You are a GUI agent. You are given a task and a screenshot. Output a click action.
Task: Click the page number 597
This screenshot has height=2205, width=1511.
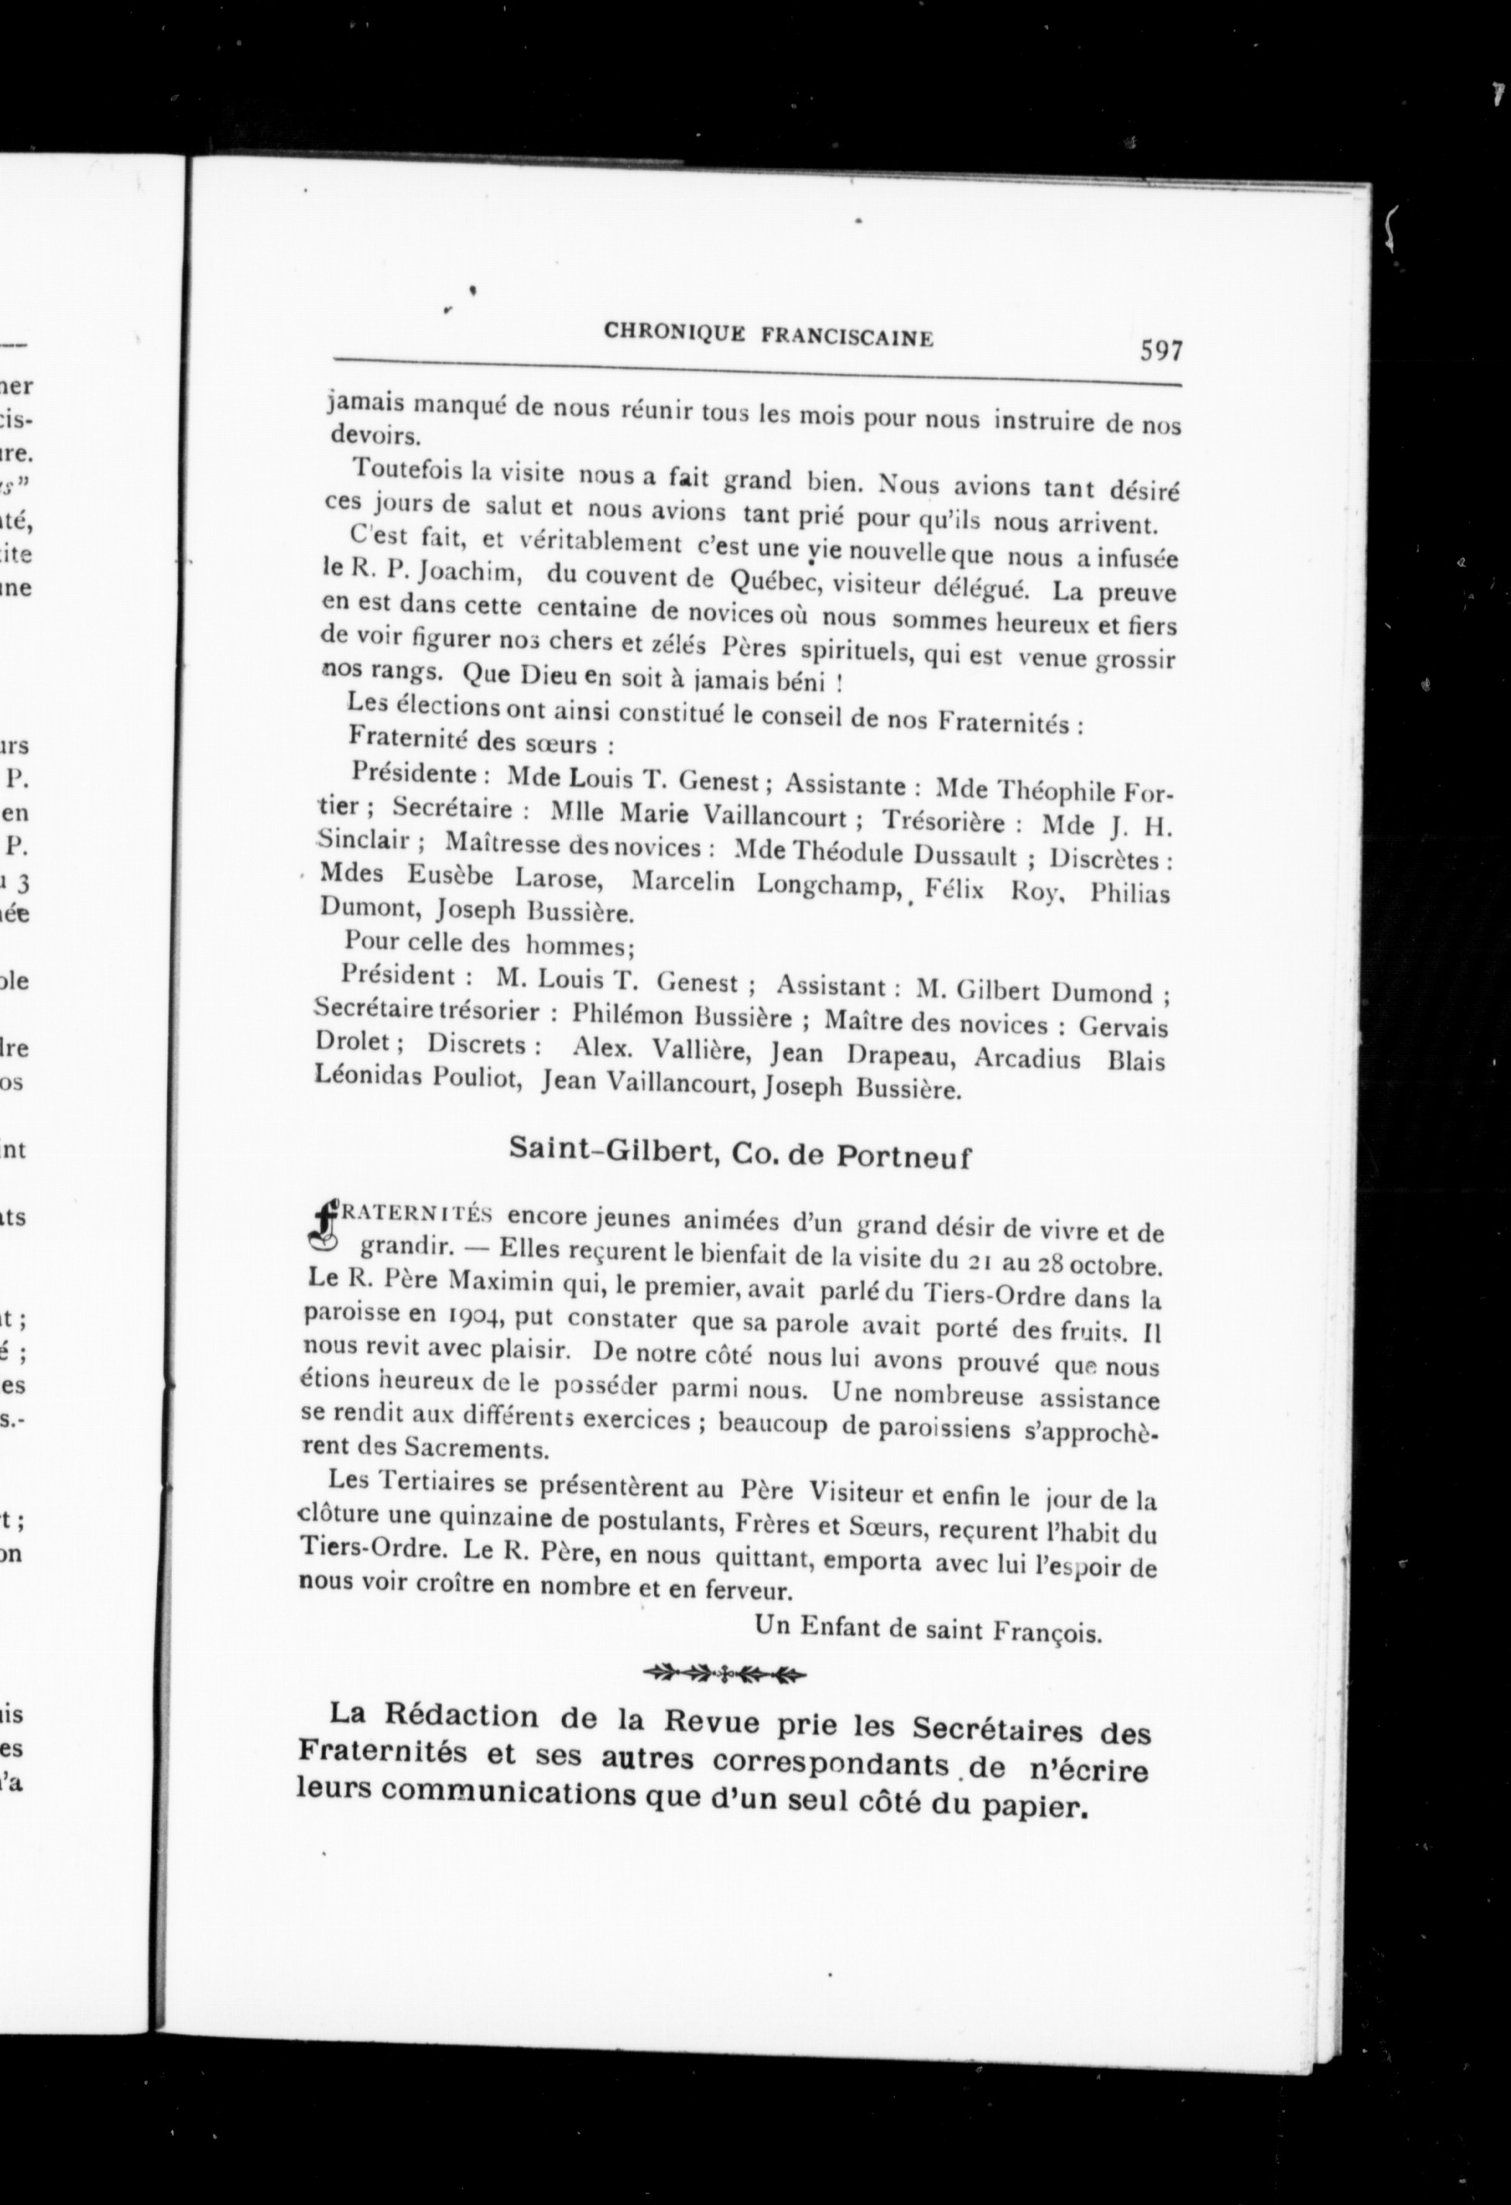pos(1161,351)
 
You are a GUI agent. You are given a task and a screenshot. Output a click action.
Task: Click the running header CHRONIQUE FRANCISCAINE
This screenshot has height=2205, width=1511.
pos(769,335)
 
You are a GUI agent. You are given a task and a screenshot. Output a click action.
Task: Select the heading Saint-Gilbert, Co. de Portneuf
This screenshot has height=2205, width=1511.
pos(741,1152)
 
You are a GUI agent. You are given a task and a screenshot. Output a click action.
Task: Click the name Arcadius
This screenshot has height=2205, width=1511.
pos(1027,1057)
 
